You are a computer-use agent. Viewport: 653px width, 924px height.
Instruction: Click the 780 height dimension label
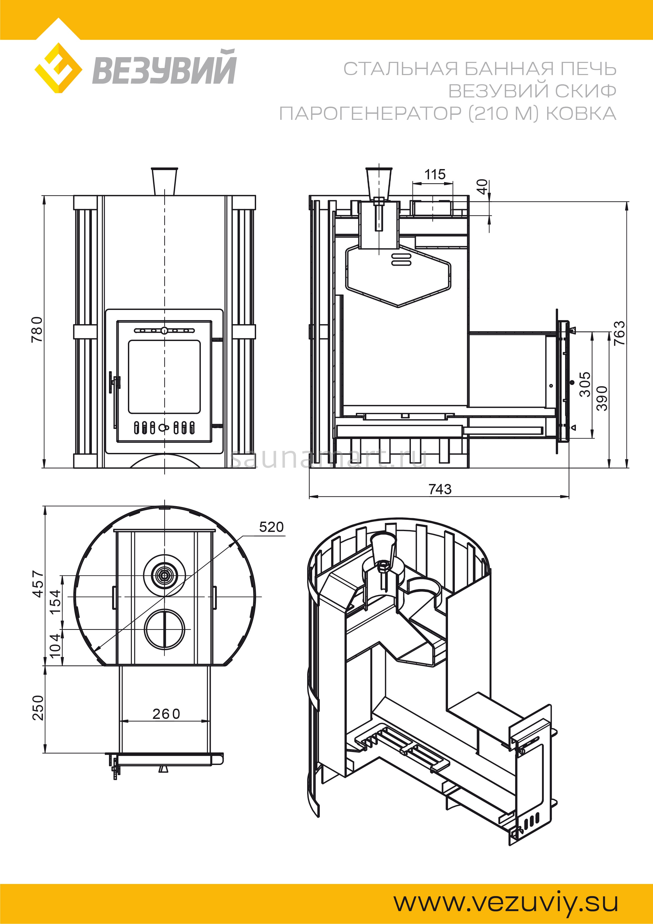point(37,329)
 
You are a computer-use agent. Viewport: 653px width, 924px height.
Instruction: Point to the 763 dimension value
point(620,333)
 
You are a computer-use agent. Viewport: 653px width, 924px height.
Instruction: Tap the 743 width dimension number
point(440,489)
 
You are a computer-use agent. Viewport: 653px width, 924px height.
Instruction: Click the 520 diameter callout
point(271,527)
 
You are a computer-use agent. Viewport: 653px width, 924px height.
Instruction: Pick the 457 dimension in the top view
point(38,584)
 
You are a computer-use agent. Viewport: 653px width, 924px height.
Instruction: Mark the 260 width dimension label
point(166,714)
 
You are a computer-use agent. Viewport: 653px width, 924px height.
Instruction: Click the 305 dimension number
point(585,384)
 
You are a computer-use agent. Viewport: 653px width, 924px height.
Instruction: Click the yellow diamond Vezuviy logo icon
point(58,68)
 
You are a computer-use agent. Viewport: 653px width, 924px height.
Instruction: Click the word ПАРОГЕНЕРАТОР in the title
point(370,114)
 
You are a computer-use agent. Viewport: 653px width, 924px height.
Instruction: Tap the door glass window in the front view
point(164,376)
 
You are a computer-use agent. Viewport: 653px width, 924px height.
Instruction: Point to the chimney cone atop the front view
point(164,181)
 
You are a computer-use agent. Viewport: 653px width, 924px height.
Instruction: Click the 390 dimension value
point(602,398)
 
